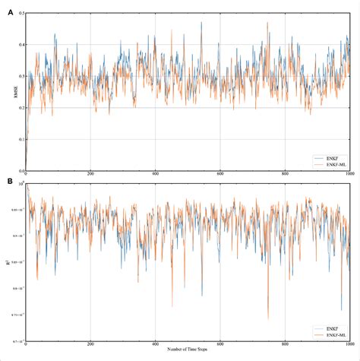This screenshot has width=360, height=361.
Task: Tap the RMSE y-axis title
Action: (x=7, y=92)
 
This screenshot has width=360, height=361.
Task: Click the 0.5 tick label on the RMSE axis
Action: (x=18, y=14)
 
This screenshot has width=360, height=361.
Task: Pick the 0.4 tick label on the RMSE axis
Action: (x=18, y=45)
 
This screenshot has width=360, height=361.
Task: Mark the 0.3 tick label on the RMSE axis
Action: (x=18, y=76)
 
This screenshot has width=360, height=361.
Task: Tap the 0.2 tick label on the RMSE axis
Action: (x=18, y=107)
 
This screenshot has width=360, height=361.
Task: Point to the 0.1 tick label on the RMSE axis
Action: (x=18, y=138)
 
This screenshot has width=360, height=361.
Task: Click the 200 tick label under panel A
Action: (x=90, y=175)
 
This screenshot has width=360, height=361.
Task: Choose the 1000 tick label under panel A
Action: (x=349, y=175)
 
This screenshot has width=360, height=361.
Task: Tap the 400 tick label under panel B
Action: (x=155, y=344)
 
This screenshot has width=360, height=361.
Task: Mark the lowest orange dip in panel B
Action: (x=268, y=319)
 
